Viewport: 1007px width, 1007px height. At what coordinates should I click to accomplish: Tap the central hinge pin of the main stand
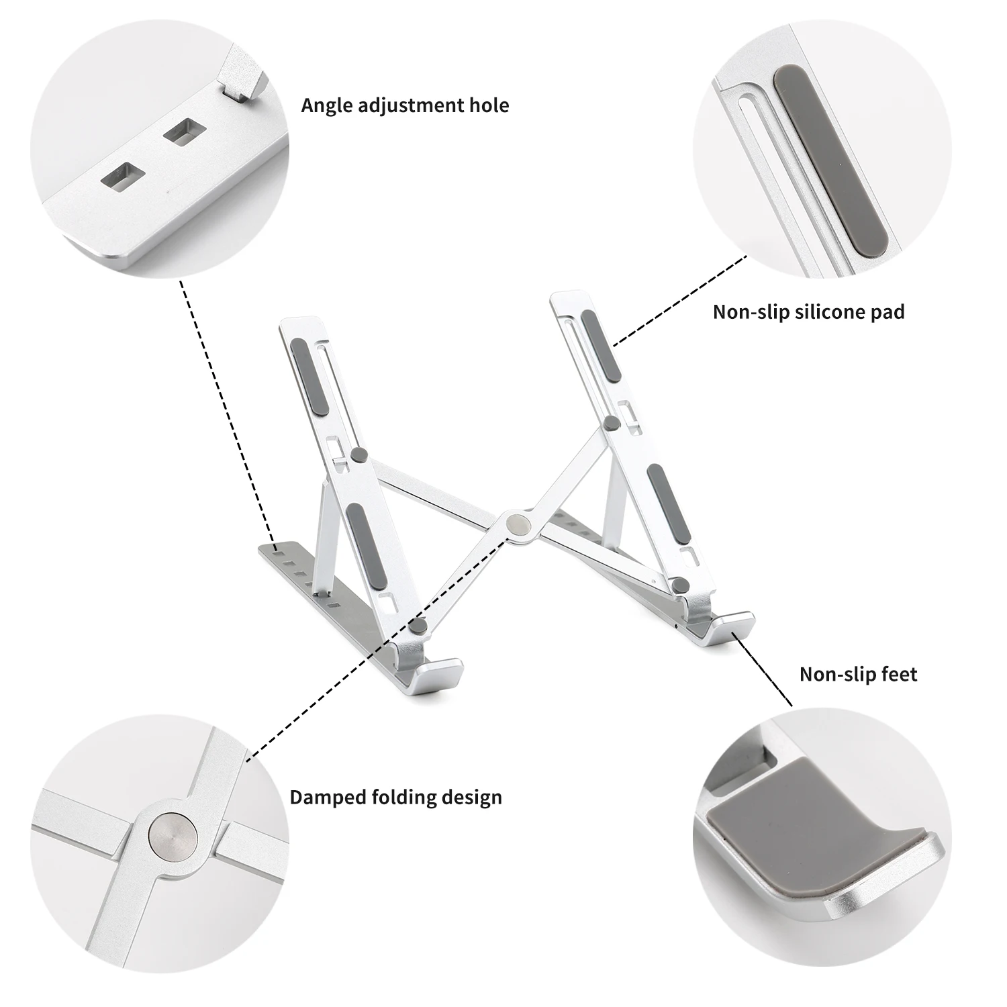(518, 524)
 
